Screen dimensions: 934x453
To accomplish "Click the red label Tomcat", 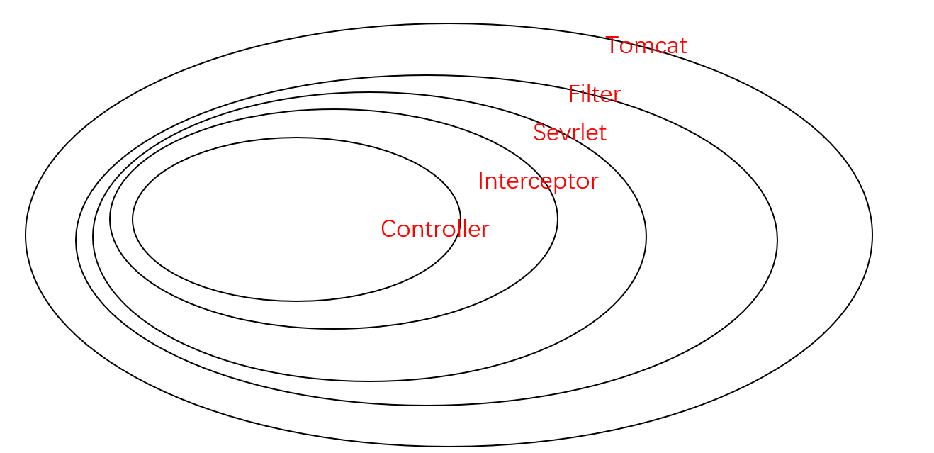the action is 646,45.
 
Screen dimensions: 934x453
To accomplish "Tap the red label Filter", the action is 595,94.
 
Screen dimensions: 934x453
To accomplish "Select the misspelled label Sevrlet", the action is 570,133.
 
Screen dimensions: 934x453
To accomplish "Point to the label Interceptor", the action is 539,181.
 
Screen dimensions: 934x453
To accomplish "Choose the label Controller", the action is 435,229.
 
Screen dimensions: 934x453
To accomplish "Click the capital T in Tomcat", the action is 614,45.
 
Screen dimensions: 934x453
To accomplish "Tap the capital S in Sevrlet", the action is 540,133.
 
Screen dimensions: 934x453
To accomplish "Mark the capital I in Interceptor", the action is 480,181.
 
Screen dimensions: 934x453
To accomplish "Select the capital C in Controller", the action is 388,229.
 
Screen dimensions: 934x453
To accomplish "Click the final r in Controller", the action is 485,232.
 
